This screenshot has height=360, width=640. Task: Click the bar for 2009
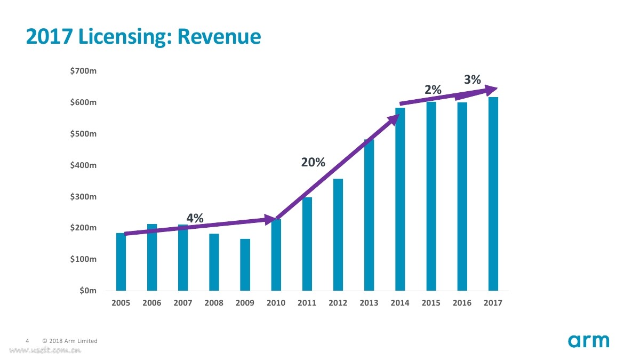(x=245, y=265)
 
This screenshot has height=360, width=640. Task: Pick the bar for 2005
(x=121, y=262)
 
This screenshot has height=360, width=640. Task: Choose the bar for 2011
(x=307, y=244)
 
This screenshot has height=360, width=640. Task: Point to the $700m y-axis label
(x=83, y=71)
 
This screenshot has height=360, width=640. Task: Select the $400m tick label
(x=83, y=165)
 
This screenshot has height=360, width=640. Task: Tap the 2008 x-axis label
(x=214, y=303)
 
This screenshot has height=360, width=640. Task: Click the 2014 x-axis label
(x=400, y=303)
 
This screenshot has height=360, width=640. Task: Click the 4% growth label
(x=195, y=218)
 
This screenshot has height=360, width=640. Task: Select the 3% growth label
(x=473, y=80)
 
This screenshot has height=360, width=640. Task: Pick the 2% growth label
(x=433, y=91)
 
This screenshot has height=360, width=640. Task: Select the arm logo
(x=588, y=341)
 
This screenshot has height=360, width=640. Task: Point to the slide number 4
(x=27, y=341)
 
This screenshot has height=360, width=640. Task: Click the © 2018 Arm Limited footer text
(x=70, y=341)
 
